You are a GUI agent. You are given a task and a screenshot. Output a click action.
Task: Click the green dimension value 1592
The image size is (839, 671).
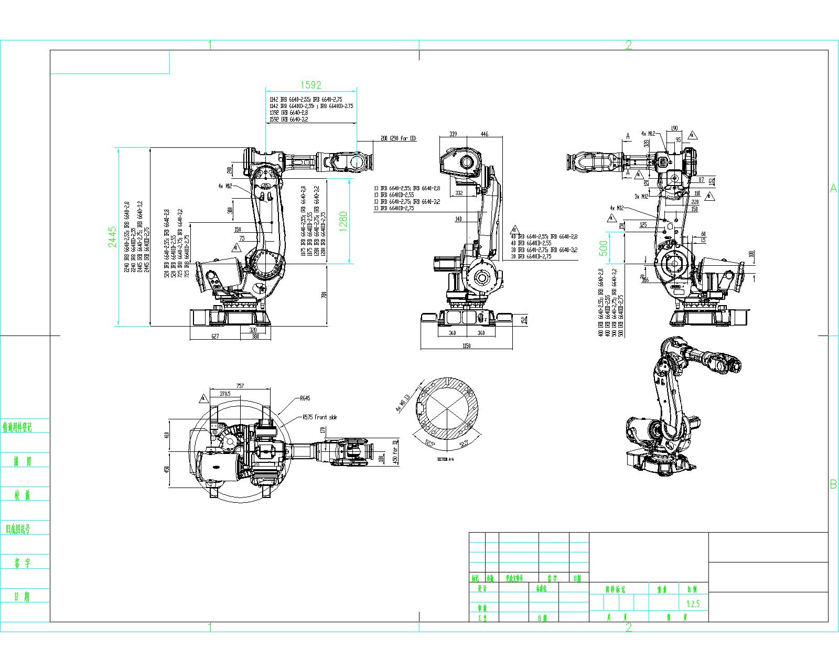[x=310, y=84]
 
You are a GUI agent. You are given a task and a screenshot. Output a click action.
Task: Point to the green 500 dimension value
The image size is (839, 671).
[x=604, y=247]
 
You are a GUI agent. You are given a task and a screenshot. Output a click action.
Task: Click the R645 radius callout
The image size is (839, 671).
[x=305, y=398]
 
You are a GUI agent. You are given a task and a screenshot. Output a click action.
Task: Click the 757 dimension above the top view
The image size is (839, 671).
[x=240, y=386]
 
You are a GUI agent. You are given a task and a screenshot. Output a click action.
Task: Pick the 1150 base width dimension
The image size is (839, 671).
[x=466, y=345]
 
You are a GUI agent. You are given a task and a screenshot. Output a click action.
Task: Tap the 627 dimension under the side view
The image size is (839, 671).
[x=214, y=337]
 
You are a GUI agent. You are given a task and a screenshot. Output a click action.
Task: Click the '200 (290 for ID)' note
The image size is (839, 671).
[x=398, y=138]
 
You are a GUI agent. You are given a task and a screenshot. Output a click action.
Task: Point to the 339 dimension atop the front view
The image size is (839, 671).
[x=453, y=134]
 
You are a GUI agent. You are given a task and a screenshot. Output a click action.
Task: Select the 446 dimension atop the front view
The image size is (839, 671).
[x=484, y=134]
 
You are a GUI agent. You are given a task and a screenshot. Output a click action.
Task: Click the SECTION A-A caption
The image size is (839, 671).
[x=445, y=459]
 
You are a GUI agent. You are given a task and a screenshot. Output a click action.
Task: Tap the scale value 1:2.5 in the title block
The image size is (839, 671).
[x=693, y=604]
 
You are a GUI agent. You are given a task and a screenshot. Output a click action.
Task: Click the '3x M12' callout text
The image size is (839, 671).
[x=641, y=196]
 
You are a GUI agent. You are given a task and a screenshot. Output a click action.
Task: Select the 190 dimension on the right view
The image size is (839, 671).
[x=674, y=128]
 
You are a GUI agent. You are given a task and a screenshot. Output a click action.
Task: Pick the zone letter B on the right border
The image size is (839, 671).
[x=833, y=484]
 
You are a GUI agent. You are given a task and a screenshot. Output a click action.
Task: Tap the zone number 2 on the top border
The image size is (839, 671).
[x=628, y=45]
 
